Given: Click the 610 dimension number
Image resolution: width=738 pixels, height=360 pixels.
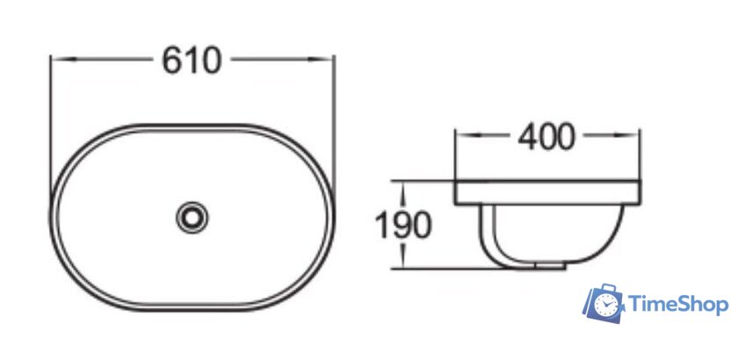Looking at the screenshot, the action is (192, 61).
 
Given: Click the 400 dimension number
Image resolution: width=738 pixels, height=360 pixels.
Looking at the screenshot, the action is (546, 137).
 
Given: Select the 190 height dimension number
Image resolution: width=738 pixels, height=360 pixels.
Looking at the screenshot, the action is (403, 225).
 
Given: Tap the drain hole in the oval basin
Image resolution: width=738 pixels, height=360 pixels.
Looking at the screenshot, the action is (192, 218).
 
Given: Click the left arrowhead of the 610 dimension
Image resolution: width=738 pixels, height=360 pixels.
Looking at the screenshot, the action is (63, 60).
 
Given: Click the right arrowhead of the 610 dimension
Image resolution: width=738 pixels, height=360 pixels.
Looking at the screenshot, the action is (320, 60).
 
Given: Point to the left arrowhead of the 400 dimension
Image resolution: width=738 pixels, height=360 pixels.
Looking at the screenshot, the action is (467, 135).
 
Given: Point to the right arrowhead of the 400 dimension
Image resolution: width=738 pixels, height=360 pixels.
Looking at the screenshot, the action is (627, 135).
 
